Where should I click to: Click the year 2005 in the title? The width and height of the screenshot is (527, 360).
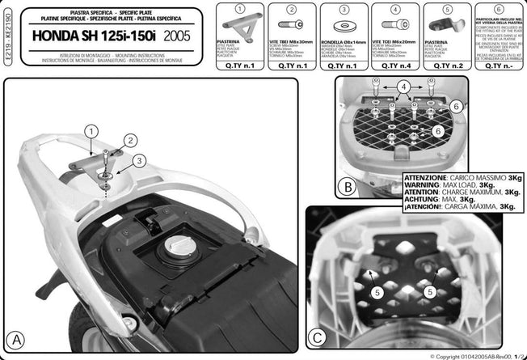click(179, 37)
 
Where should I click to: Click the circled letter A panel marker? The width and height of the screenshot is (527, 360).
click(16, 336)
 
